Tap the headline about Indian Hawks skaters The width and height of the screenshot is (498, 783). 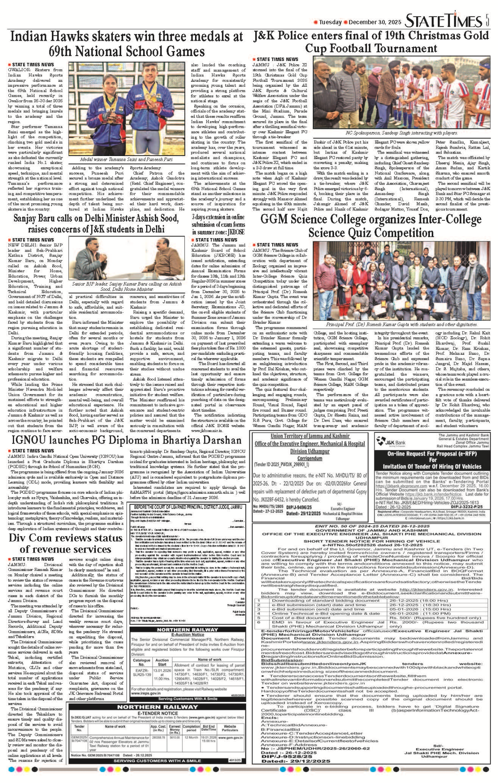(x=127, y=44)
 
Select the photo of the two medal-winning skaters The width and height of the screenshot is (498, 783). (x=126, y=110)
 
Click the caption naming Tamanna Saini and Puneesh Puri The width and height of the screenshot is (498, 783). (x=126, y=159)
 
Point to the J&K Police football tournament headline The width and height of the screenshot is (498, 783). (x=371, y=41)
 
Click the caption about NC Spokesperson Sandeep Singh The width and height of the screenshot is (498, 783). (x=401, y=133)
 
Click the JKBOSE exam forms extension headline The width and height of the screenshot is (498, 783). (x=218, y=224)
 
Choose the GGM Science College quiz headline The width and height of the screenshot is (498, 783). (x=371, y=226)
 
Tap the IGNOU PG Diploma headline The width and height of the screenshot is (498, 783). (x=127, y=440)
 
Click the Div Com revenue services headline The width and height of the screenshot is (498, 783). (x=66, y=543)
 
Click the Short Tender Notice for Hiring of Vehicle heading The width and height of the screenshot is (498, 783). (x=371, y=541)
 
